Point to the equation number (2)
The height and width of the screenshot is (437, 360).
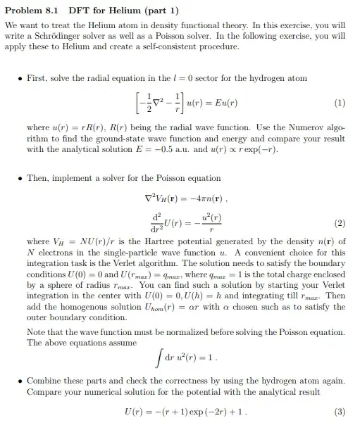click(x=340, y=224)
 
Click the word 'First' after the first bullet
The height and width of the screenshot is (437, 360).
click(x=37, y=78)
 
